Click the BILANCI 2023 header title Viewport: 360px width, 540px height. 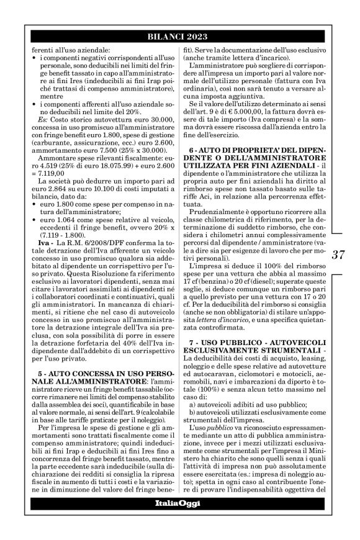click(x=179, y=37)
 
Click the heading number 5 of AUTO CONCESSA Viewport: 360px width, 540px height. click(x=40, y=360)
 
